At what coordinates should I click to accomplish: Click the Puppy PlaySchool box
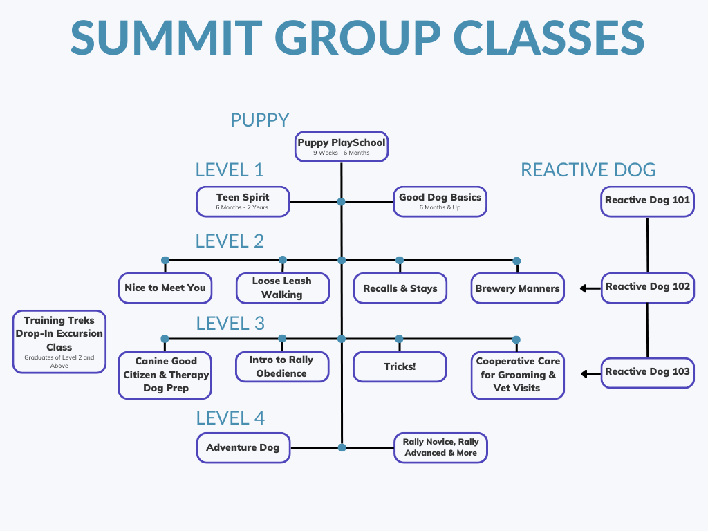(x=341, y=147)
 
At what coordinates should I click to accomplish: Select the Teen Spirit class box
(x=242, y=201)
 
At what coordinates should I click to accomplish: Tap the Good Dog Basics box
(x=440, y=201)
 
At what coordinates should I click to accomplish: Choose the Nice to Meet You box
(x=165, y=288)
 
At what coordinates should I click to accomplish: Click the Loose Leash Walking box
(x=281, y=288)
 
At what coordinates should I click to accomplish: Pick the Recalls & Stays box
(x=400, y=288)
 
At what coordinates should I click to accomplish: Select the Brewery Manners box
(x=517, y=288)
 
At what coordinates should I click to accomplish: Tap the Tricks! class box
(x=400, y=366)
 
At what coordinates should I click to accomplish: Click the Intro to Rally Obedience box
(x=281, y=366)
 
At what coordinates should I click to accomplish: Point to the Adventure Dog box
(x=243, y=447)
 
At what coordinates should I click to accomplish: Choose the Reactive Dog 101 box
(x=647, y=201)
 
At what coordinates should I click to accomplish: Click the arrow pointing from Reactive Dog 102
(x=590, y=288)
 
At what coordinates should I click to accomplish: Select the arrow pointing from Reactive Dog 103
(x=590, y=374)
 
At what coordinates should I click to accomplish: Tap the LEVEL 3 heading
(x=230, y=323)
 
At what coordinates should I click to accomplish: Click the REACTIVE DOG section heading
(x=588, y=169)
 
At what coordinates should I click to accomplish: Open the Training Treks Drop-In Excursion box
(x=59, y=342)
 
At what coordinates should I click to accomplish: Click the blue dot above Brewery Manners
(x=516, y=261)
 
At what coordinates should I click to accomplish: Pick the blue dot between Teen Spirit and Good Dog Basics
(x=341, y=202)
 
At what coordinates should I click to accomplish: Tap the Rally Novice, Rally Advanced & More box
(x=440, y=447)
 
